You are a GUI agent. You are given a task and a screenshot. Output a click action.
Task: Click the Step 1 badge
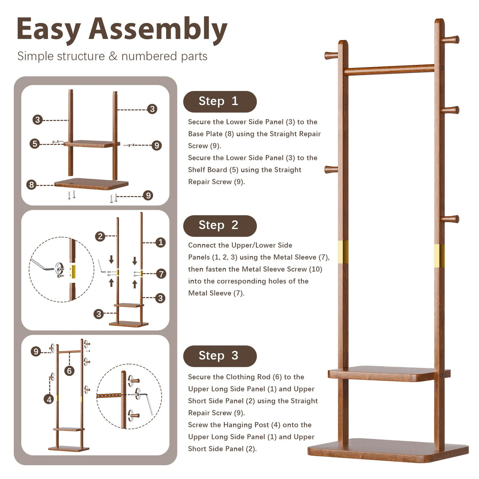[x=219, y=101]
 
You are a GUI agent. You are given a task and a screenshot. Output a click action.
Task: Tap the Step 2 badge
[x=219, y=225]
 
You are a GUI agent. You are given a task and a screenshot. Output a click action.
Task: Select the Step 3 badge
[x=219, y=356]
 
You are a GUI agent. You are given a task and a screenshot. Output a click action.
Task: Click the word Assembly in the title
[x=158, y=30]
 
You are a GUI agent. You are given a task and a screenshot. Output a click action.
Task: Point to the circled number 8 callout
[x=32, y=184]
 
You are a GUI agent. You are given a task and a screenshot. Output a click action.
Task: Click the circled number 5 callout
[x=35, y=144]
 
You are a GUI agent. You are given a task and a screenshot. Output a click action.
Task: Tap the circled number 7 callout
[x=161, y=273]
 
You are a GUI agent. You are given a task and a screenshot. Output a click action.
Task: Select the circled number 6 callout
[x=69, y=370]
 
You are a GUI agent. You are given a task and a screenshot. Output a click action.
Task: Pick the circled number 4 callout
[x=49, y=399]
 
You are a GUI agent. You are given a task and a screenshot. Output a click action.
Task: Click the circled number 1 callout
[x=160, y=242]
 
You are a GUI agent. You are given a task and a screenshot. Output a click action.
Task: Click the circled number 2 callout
[x=100, y=236]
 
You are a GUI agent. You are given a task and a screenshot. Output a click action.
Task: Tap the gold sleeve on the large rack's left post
[x=343, y=252]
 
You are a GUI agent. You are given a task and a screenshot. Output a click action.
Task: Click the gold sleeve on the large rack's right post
[x=439, y=255]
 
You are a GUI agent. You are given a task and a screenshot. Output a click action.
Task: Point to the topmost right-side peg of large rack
[x=451, y=39]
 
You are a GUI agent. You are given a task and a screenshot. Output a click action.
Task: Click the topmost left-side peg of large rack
[x=331, y=55]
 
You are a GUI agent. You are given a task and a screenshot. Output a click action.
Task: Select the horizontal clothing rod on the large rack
[x=389, y=70]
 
